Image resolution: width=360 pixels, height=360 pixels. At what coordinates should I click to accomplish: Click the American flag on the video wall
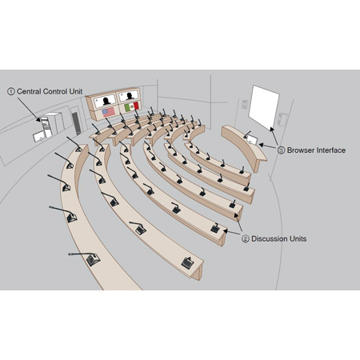point(109,112)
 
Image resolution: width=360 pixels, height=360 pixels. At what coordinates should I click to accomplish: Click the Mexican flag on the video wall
point(132,106)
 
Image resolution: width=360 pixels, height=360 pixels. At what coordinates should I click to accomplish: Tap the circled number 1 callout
point(11,91)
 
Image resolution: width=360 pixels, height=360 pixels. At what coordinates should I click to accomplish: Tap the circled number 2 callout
point(246,238)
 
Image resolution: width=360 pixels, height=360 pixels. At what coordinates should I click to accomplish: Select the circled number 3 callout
point(281,150)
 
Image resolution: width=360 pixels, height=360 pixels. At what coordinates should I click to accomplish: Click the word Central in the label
point(29,91)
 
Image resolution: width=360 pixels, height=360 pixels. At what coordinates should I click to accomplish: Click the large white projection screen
point(264,107)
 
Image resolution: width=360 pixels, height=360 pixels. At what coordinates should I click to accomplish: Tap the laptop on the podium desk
point(252,140)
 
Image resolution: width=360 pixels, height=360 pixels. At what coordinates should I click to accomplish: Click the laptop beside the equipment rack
point(39,136)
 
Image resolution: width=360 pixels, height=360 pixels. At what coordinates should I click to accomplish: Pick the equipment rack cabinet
point(52,125)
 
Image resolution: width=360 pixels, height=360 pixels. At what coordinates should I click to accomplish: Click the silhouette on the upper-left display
point(106,101)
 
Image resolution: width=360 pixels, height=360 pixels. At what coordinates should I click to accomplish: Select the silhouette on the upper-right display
point(130,96)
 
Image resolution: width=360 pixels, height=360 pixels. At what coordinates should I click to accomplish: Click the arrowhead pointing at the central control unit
point(38,119)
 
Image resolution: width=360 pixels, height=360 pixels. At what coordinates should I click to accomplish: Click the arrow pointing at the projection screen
point(274,136)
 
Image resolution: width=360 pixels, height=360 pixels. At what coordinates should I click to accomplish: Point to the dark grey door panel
point(77,123)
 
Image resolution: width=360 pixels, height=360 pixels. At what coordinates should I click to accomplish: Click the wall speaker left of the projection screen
point(245,104)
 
